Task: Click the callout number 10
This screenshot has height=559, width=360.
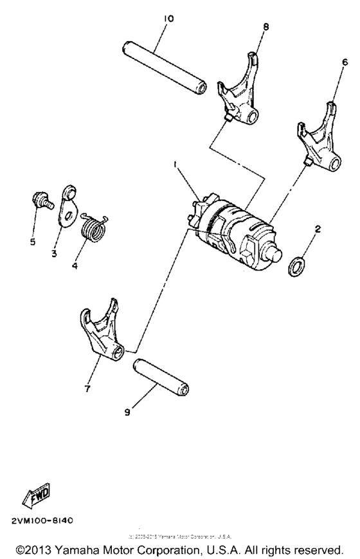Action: click(x=168, y=19)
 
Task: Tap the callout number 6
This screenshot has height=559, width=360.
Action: click(x=345, y=62)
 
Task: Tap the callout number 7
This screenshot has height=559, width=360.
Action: click(x=87, y=389)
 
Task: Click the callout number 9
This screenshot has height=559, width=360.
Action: click(x=127, y=413)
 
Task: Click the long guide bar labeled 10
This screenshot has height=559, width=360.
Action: click(x=165, y=68)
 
